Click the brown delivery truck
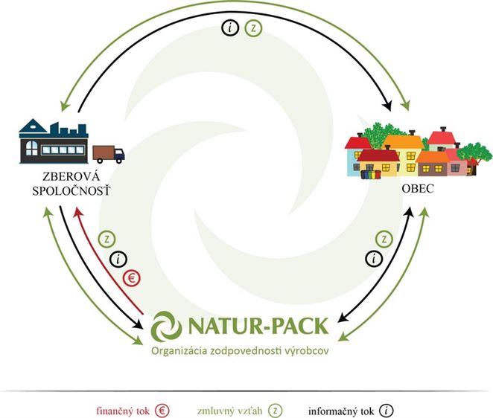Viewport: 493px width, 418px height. (109, 154)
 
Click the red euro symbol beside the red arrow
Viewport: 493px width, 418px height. (131, 278)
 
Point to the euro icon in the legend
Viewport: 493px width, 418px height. (162, 411)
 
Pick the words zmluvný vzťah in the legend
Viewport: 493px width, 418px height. (229, 411)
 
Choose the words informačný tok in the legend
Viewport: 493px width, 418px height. (341, 411)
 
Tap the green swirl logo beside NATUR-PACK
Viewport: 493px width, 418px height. (166, 327)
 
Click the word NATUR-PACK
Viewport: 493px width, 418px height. (258, 326)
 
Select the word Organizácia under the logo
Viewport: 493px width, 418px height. (179, 351)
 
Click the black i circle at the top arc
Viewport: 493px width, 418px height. (230, 28)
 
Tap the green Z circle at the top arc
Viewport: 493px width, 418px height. (253, 28)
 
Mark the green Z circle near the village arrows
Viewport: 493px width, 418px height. (384, 239)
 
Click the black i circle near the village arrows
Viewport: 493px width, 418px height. (374, 259)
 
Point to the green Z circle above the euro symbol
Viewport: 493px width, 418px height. (107, 239)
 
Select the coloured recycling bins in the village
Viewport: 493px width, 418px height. (370, 174)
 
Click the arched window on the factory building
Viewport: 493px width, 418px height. (31, 148)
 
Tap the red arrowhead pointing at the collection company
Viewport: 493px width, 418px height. (77, 213)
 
